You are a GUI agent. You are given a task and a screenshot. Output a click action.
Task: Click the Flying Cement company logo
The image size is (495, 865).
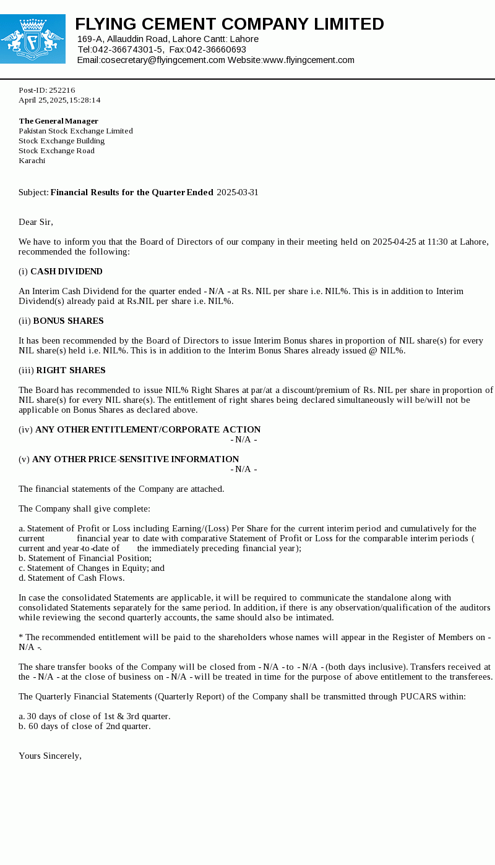coord(32,39)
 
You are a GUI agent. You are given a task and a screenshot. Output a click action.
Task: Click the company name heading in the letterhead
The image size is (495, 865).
coord(230,24)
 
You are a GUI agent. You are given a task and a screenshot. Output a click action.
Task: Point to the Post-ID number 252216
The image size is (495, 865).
coord(62,90)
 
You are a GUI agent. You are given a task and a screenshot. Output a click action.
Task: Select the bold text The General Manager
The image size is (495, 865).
coord(58,121)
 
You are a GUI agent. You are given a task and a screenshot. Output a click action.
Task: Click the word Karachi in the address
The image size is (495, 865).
coord(32,161)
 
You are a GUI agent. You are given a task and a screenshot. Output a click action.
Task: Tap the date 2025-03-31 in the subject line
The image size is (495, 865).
coord(238,192)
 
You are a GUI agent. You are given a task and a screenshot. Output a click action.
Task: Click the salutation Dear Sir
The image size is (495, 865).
coord(36,222)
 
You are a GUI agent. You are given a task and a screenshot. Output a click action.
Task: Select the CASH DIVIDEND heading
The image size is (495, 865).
coord(66,271)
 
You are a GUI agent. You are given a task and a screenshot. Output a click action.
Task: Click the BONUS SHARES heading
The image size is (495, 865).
coord(68,321)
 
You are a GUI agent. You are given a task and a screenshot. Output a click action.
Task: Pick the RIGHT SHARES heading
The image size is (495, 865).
coord(71,370)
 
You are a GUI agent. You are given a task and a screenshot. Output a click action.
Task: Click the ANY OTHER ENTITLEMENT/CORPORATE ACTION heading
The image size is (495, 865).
coord(148,429)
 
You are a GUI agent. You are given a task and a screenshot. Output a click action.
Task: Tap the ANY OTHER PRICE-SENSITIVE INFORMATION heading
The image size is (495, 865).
coord(136,459)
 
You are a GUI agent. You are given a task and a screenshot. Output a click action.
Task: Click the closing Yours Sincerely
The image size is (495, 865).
coord(50,756)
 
